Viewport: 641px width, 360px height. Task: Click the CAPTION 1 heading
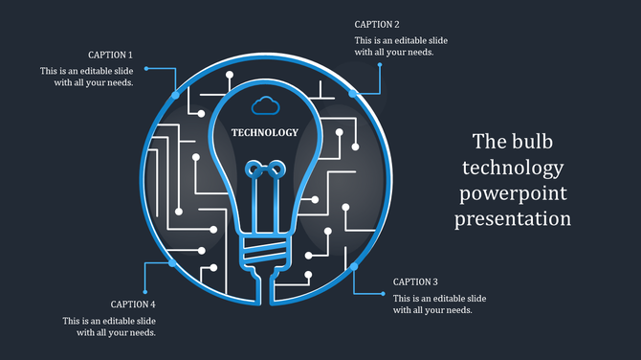tap(110, 56)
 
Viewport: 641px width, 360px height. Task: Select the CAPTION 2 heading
tap(377, 24)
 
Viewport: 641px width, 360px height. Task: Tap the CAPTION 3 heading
tap(415, 282)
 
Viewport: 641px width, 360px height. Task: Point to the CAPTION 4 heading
tap(133, 304)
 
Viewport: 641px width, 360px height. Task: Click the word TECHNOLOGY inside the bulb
tap(265, 133)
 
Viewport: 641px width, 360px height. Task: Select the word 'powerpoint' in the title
tap(513, 193)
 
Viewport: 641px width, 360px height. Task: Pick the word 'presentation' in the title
tap(513, 219)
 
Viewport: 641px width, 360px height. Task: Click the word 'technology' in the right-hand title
tap(513, 169)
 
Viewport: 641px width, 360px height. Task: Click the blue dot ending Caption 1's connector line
tap(146, 69)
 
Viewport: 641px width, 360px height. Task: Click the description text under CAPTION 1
tap(86, 77)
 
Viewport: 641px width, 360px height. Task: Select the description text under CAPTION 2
tap(401, 46)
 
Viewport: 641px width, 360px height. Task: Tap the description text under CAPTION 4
tap(109, 326)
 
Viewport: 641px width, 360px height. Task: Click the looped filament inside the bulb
tap(265, 172)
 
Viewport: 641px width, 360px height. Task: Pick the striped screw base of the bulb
tap(265, 253)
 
